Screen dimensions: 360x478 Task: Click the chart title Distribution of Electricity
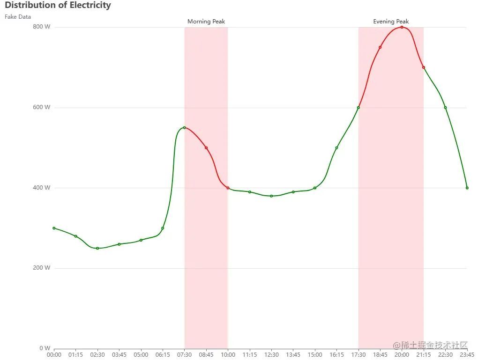click(x=58, y=6)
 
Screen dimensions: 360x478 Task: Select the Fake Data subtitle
click(x=18, y=17)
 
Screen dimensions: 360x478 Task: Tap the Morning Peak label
click(x=206, y=22)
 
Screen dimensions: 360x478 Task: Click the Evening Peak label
click(x=391, y=22)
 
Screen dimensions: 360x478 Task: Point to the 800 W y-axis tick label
click(x=41, y=27)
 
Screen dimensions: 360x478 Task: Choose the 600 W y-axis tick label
click(x=41, y=107)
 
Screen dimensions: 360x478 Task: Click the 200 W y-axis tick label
click(x=41, y=268)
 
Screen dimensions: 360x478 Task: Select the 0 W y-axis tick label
click(x=45, y=348)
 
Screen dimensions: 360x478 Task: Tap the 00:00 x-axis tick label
click(x=54, y=355)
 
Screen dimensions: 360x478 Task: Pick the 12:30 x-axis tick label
click(x=271, y=355)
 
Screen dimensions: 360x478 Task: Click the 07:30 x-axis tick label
click(x=185, y=355)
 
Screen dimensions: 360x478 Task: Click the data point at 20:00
click(x=402, y=27)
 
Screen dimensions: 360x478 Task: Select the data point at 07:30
click(x=185, y=127)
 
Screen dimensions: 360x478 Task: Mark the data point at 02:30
click(x=97, y=248)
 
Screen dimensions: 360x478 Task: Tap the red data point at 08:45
click(x=206, y=147)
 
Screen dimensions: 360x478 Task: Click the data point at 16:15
click(x=336, y=147)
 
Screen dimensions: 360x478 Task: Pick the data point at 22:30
click(x=445, y=108)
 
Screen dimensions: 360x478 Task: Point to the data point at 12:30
click(x=271, y=196)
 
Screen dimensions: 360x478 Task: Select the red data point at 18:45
click(x=380, y=47)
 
